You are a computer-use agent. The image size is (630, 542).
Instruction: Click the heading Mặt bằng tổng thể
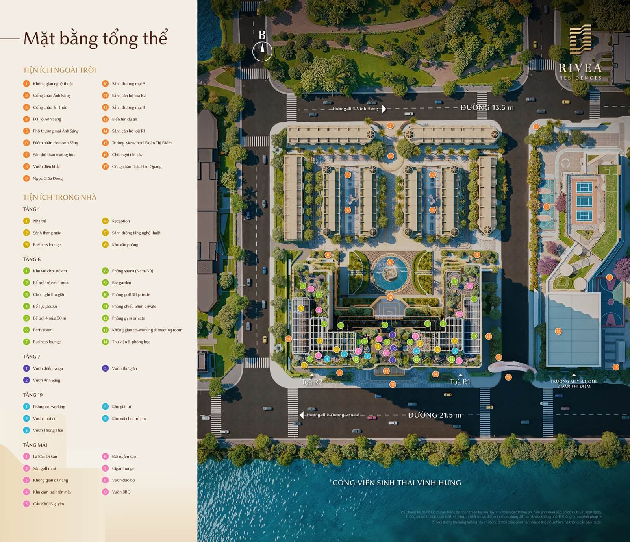(x=95, y=39)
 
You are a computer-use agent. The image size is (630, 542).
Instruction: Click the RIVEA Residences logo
(x=580, y=53)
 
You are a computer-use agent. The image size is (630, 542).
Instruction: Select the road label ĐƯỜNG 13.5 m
(x=487, y=107)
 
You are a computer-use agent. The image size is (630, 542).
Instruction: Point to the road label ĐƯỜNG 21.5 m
(x=434, y=415)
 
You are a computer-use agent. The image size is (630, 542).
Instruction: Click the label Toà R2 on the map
(x=312, y=382)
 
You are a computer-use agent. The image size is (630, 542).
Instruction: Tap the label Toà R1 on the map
(x=460, y=382)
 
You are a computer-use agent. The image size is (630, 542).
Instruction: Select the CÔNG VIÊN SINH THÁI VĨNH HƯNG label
(x=397, y=483)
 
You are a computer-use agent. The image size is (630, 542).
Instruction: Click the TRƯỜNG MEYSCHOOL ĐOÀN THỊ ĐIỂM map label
(x=573, y=383)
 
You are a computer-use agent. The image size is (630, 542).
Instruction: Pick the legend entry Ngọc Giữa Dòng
(x=48, y=178)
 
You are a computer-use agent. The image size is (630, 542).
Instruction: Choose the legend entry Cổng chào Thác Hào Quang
(x=136, y=166)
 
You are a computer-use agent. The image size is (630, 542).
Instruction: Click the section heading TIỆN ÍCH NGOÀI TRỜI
(x=59, y=70)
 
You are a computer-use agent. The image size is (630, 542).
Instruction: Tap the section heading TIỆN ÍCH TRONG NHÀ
(x=59, y=197)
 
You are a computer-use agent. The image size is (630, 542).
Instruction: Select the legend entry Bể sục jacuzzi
(x=45, y=306)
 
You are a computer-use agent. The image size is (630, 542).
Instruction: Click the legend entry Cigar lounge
(x=123, y=468)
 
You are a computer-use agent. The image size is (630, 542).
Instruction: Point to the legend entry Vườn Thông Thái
(x=48, y=430)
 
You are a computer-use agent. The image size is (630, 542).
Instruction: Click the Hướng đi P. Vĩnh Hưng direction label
(x=355, y=109)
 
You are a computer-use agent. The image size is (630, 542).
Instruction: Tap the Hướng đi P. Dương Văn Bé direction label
(x=333, y=415)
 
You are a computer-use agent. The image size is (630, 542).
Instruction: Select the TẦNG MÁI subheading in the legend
(x=35, y=445)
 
